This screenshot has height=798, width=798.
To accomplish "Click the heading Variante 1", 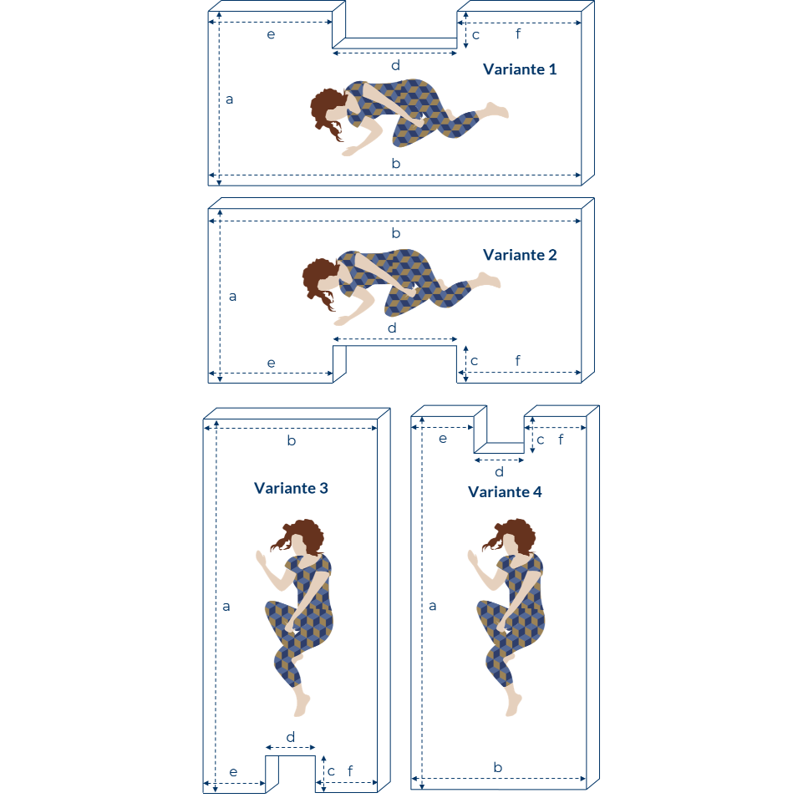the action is [x=520, y=69].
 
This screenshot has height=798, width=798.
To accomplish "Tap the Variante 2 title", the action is [x=520, y=255].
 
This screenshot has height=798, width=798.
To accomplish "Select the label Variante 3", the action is [x=291, y=488].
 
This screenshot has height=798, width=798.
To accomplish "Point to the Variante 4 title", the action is [x=505, y=491].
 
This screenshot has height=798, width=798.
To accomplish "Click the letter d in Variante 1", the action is [x=395, y=65].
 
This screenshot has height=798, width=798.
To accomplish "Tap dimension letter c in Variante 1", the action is [x=475, y=35].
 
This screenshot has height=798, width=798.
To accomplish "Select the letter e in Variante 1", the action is [x=271, y=34].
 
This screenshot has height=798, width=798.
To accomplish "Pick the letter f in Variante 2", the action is [x=517, y=360].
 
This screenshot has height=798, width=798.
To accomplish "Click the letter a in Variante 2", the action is [x=232, y=296].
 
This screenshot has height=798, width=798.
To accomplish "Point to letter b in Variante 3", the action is [x=291, y=440].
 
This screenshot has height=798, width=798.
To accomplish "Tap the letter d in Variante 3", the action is [x=290, y=737].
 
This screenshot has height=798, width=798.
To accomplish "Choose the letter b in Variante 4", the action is [x=498, y=767].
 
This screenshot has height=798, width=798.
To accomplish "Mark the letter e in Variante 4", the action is [x=443, y=439].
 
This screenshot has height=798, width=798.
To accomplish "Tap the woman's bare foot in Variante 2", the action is [x=489, y=281].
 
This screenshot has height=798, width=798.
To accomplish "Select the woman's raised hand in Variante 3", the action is [x=261, y=559].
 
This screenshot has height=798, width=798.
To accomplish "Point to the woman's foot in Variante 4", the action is [x=514, y=705].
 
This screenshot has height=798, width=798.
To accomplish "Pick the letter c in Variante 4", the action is [x=541, y=440].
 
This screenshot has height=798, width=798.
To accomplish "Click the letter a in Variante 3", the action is [x=226, y=607].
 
